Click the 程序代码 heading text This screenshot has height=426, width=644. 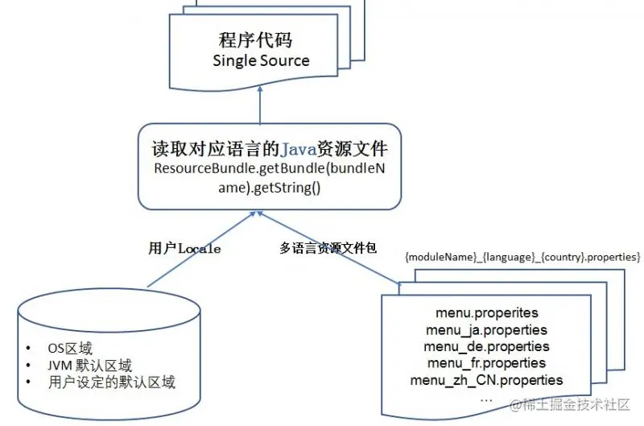point(259,40)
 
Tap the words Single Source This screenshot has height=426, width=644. point(261,60)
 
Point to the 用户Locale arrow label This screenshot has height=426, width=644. point(184,249)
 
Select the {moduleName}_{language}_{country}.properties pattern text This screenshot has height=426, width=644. point(522,256)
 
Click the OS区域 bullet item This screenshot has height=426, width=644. point(70,349)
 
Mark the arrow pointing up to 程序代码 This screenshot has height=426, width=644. point(260,105)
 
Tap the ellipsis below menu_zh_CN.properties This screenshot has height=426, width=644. point(485,398)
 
